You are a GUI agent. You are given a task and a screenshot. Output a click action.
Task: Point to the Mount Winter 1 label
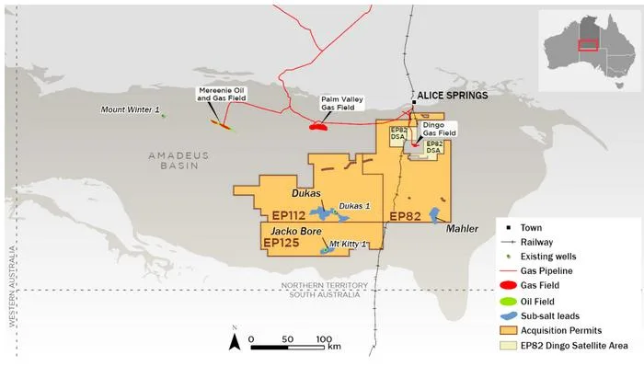(x=130, y=109)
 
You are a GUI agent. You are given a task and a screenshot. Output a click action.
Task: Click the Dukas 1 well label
(x=354, y=206)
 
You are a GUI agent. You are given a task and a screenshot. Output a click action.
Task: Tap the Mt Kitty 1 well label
(x=349, y=244)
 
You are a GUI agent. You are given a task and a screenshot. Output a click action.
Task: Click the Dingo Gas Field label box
(x=439, y=129)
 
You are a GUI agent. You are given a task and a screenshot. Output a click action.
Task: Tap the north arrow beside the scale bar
(x=235, y=342)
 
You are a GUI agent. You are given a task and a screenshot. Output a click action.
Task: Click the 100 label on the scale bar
(x=323, y=338)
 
